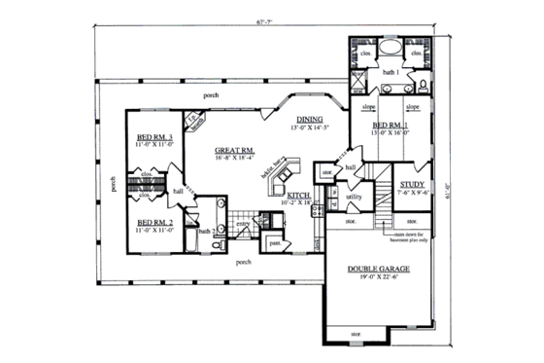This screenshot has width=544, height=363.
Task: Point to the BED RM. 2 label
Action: (x=154, y=221)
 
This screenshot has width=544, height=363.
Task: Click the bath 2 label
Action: (x=205, y=231)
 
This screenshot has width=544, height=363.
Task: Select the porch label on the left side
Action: (x=115, y=183)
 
